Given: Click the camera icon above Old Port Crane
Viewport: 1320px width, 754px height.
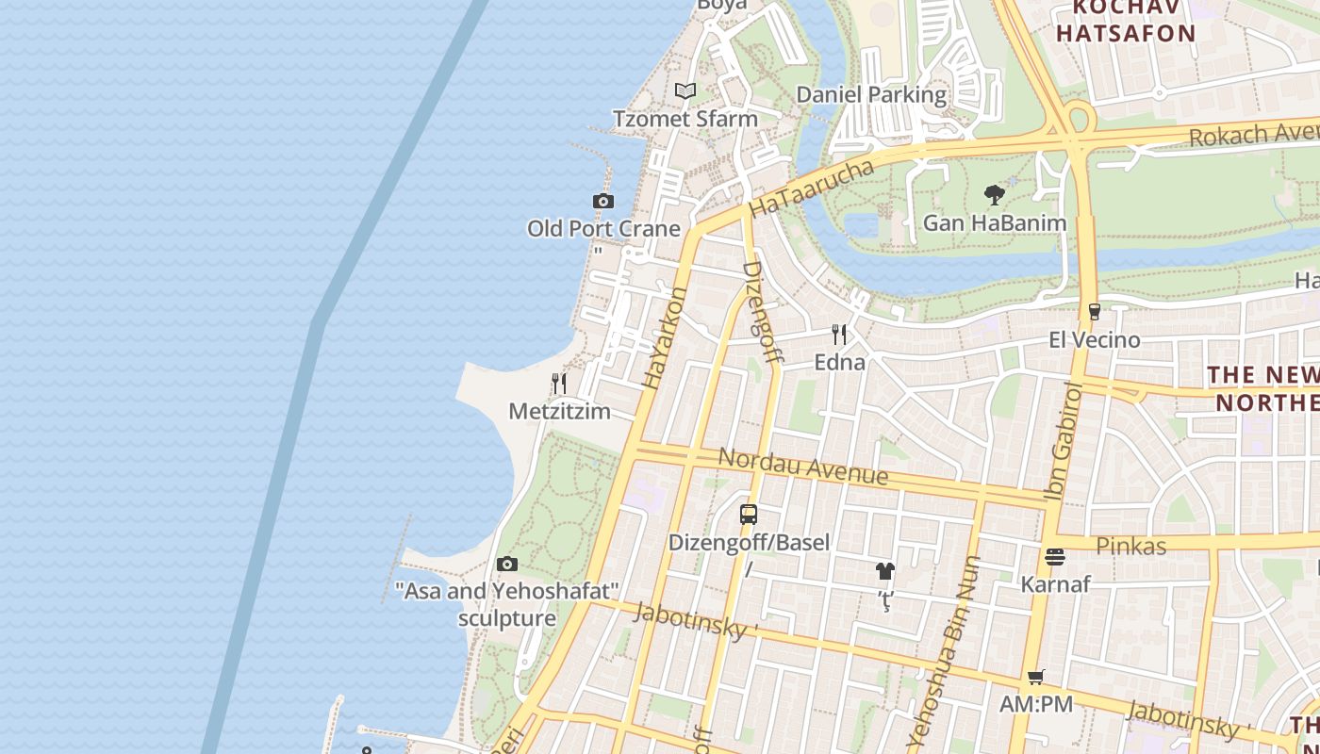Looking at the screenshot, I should click(x=603, y=201).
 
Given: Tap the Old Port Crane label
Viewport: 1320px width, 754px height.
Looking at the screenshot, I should click(x=603, y=229).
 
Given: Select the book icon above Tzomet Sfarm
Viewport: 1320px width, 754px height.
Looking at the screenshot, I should click(x=685, y=91).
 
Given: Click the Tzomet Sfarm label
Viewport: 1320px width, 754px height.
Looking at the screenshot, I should click(x=685, y=119).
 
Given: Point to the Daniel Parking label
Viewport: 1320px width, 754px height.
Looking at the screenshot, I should click(x=871, y=94).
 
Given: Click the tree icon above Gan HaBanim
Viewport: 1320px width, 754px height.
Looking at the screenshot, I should click(x=994, y=196).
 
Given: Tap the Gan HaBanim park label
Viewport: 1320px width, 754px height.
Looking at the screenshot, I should click(x=995, y=223).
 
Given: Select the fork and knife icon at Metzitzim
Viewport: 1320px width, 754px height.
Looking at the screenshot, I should click(x=559, y=384).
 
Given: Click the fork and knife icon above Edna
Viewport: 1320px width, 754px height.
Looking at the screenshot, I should click(x=839, y=335).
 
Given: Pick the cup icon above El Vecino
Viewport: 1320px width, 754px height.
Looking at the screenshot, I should click(x=1094, y=312).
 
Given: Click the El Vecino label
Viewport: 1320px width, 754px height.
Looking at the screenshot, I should click(x=1094, y=339).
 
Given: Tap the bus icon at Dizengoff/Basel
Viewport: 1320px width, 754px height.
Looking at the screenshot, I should click(x=749, y=515).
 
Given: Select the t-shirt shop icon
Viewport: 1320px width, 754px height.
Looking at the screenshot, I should click(x=884, y=571).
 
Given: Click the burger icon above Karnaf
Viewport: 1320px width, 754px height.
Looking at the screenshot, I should click(x=1055, y=557).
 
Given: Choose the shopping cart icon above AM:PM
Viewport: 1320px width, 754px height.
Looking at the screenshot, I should click(x=1035, y=677).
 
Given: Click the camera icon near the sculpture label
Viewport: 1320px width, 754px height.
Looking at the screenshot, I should click(x=507, y=565).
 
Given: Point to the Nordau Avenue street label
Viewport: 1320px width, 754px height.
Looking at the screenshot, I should click(x=802, y=466).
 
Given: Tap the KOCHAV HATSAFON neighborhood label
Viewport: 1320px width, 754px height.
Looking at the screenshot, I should click(x=1125, y=21).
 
